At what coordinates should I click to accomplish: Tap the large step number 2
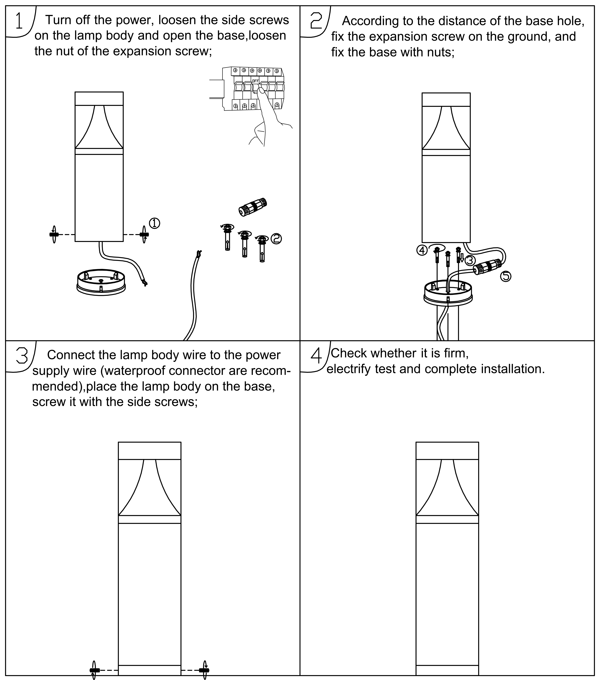tap(316, 21)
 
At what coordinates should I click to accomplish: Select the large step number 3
tap(22, 356)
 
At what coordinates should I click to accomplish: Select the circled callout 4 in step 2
tap(422, 250)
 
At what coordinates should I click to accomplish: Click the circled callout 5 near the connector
tap(506, 276)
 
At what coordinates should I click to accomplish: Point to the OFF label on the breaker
tap(255, 81)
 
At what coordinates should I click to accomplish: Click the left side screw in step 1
tap(54, 234)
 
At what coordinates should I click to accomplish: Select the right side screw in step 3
tap(204, 670)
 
